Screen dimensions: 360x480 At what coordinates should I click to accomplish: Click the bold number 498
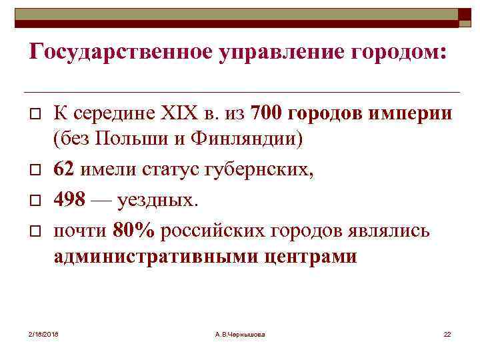coord(70,200)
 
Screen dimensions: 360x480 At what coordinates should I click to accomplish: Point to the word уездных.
coord(157,200)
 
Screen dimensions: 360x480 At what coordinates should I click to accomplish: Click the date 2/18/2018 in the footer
coord(43,333)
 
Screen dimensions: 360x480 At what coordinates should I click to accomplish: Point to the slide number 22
coord(447,333)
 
